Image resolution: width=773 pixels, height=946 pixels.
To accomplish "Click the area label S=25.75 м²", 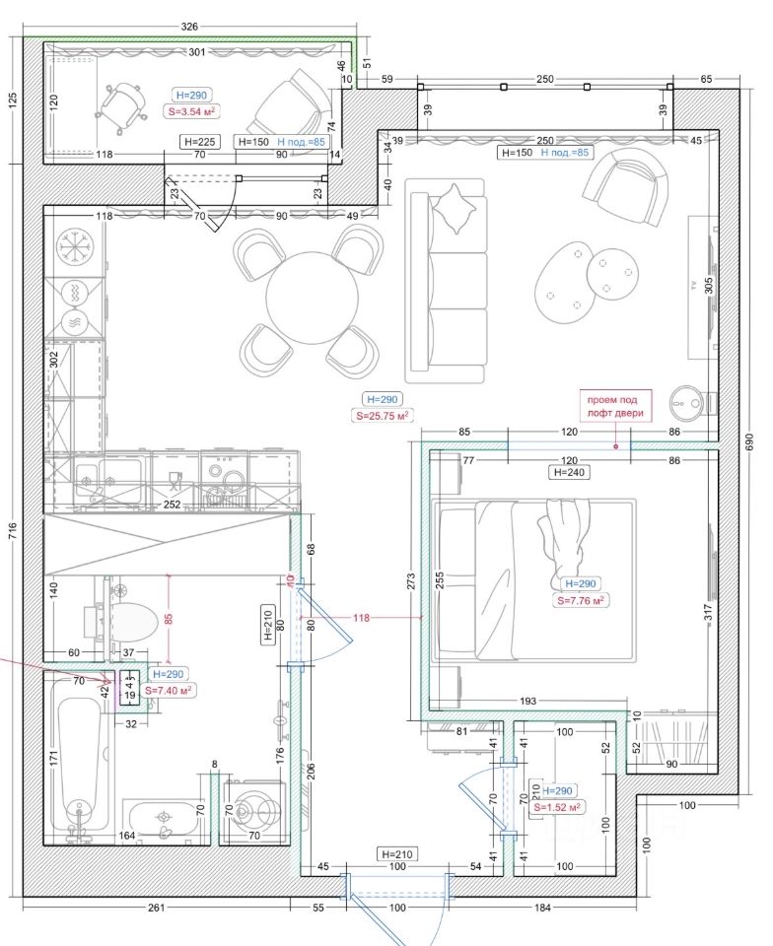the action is click(383, 416).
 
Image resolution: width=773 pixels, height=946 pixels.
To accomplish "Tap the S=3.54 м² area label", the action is click(192, 111).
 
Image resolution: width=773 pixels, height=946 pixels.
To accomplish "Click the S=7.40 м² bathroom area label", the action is click(169, 690).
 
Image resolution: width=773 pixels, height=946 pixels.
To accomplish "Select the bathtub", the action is click(83, 771).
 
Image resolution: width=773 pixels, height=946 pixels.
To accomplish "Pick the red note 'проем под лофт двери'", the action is click(615, 407).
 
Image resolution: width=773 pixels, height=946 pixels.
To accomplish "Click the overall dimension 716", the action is click(13, 530).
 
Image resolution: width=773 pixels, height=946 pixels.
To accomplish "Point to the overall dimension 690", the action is click(750, 442).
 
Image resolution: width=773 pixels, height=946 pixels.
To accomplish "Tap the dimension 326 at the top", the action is click(189, 27).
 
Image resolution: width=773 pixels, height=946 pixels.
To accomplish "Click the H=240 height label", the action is click(569, 472).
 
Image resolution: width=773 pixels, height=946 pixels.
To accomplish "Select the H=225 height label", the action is click(200, 142).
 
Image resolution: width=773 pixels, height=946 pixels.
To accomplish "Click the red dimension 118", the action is click(362, 618).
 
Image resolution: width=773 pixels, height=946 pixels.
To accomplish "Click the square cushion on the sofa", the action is click(453, 208).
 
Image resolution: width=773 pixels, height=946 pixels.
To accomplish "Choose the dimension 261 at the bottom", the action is click(157, 908).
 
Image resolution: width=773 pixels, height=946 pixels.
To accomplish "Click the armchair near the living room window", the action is click(626, 187).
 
